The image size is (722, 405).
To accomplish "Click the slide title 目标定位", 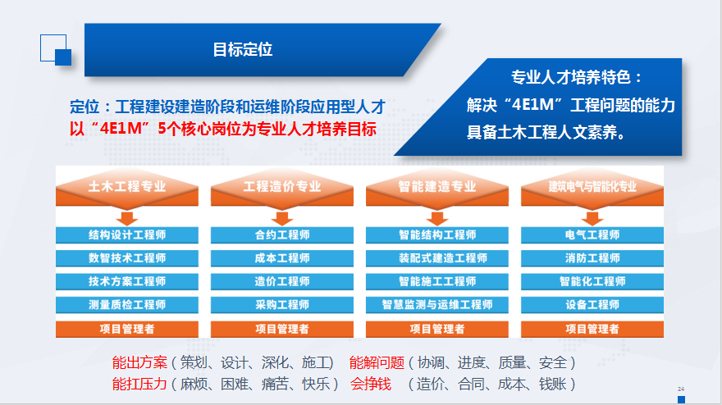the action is pyautogui.click(x=243, y=49).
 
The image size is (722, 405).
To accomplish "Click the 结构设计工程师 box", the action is pyautogui.click(x=127, y=235).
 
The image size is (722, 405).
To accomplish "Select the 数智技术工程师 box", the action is pyautogui.click(x=127, y=258).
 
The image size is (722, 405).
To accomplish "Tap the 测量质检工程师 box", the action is pyautogui.click(x=127, y=305).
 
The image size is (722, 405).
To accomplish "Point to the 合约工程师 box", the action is pyautogui.click(x=282, y=235).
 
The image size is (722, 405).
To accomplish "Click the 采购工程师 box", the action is pyautogui.click(x=282, y=305).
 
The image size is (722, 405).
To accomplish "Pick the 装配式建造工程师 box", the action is pyautogui.click(x=437, y=258).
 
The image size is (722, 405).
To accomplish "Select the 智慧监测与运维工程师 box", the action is pyautogui.click(x=437, y=305).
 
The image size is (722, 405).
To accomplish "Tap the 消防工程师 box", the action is pyautogui.click(x=592, y=258).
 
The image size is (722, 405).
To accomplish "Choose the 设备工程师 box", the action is pyautogui.click(x=592, y=305).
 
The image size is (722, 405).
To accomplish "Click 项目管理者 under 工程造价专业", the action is pyautogui.click(x=282, y=329).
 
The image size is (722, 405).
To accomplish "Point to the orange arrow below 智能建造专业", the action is pyautogui.click(x=437, y=218).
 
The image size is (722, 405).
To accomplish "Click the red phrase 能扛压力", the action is pyautogui.click(x=139, y=384).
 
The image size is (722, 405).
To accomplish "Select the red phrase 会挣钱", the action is pyautogui.click(x=371, y=384).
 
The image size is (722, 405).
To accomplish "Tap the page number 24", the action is pyautogui.click(x=681, y=389).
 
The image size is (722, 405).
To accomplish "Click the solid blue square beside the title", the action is pyautogui.click(x=63, y=57).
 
